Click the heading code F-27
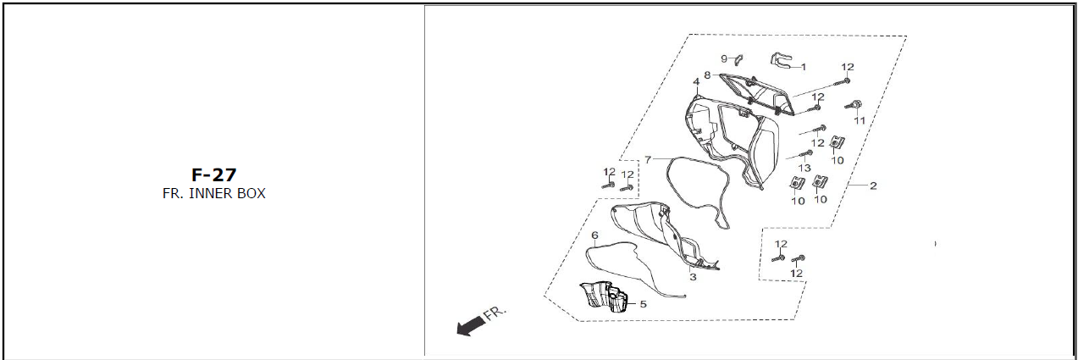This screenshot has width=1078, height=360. pos(213,174)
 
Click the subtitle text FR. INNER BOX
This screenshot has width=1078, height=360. pos(213,193)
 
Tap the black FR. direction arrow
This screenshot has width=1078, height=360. pos(470,326)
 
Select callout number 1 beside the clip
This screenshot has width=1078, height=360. pos(803,68)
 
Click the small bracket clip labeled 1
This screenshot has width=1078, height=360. pos(781,61)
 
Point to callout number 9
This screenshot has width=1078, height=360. pos(724,58)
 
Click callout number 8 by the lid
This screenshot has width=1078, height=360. pos(707,75)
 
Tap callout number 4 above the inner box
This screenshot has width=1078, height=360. pos(696,82)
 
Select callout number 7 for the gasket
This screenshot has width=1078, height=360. pos(648,159)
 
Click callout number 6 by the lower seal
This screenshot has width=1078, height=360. pos(594,235)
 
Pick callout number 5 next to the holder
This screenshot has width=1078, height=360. pos(643,304)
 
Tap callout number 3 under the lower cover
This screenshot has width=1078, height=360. pos(693,277)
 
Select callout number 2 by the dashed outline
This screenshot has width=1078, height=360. pos(873,186)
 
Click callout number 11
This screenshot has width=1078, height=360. pos(860,120)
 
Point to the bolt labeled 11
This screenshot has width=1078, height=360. pos(854,104)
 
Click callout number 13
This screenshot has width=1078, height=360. pos(804,168)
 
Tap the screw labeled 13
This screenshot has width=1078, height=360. pos(805,154)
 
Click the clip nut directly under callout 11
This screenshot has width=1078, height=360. pos(838,143)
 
